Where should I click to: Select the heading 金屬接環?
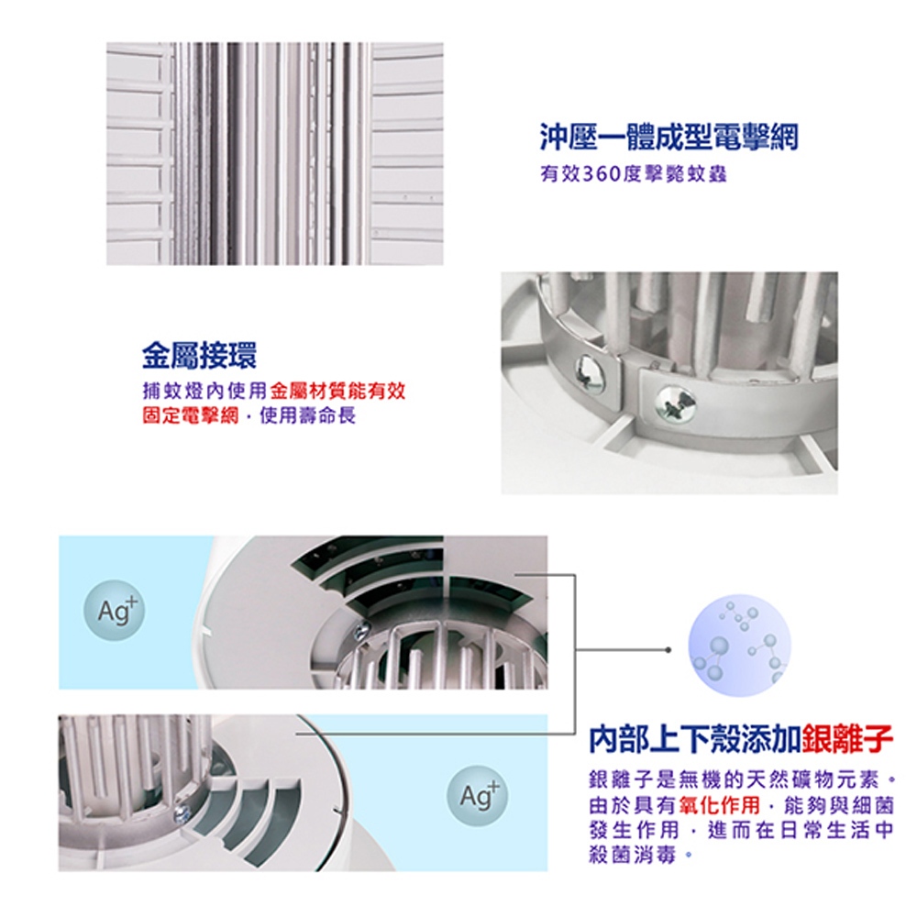[x=199, y=355]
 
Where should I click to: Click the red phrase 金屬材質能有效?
[x=338, y=390]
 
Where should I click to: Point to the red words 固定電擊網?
[x=191, y=415]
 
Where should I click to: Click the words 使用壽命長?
[x=307, y=415]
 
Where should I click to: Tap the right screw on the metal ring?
[x=676, y=403]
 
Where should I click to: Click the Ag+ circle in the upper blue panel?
[x=114, y=610]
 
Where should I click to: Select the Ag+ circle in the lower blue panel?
[x=477, y=795]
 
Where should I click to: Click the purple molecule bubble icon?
[x=740, y=645]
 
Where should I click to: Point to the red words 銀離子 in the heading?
[x=847, y=739]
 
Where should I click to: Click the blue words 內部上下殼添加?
[x=695, y=739]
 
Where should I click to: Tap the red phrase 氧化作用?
[x=721, y=805]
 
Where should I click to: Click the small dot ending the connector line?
[x=668, y=650]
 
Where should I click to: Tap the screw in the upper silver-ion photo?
[x=362, y=631]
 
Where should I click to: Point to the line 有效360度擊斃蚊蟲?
[x=634, y=174]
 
